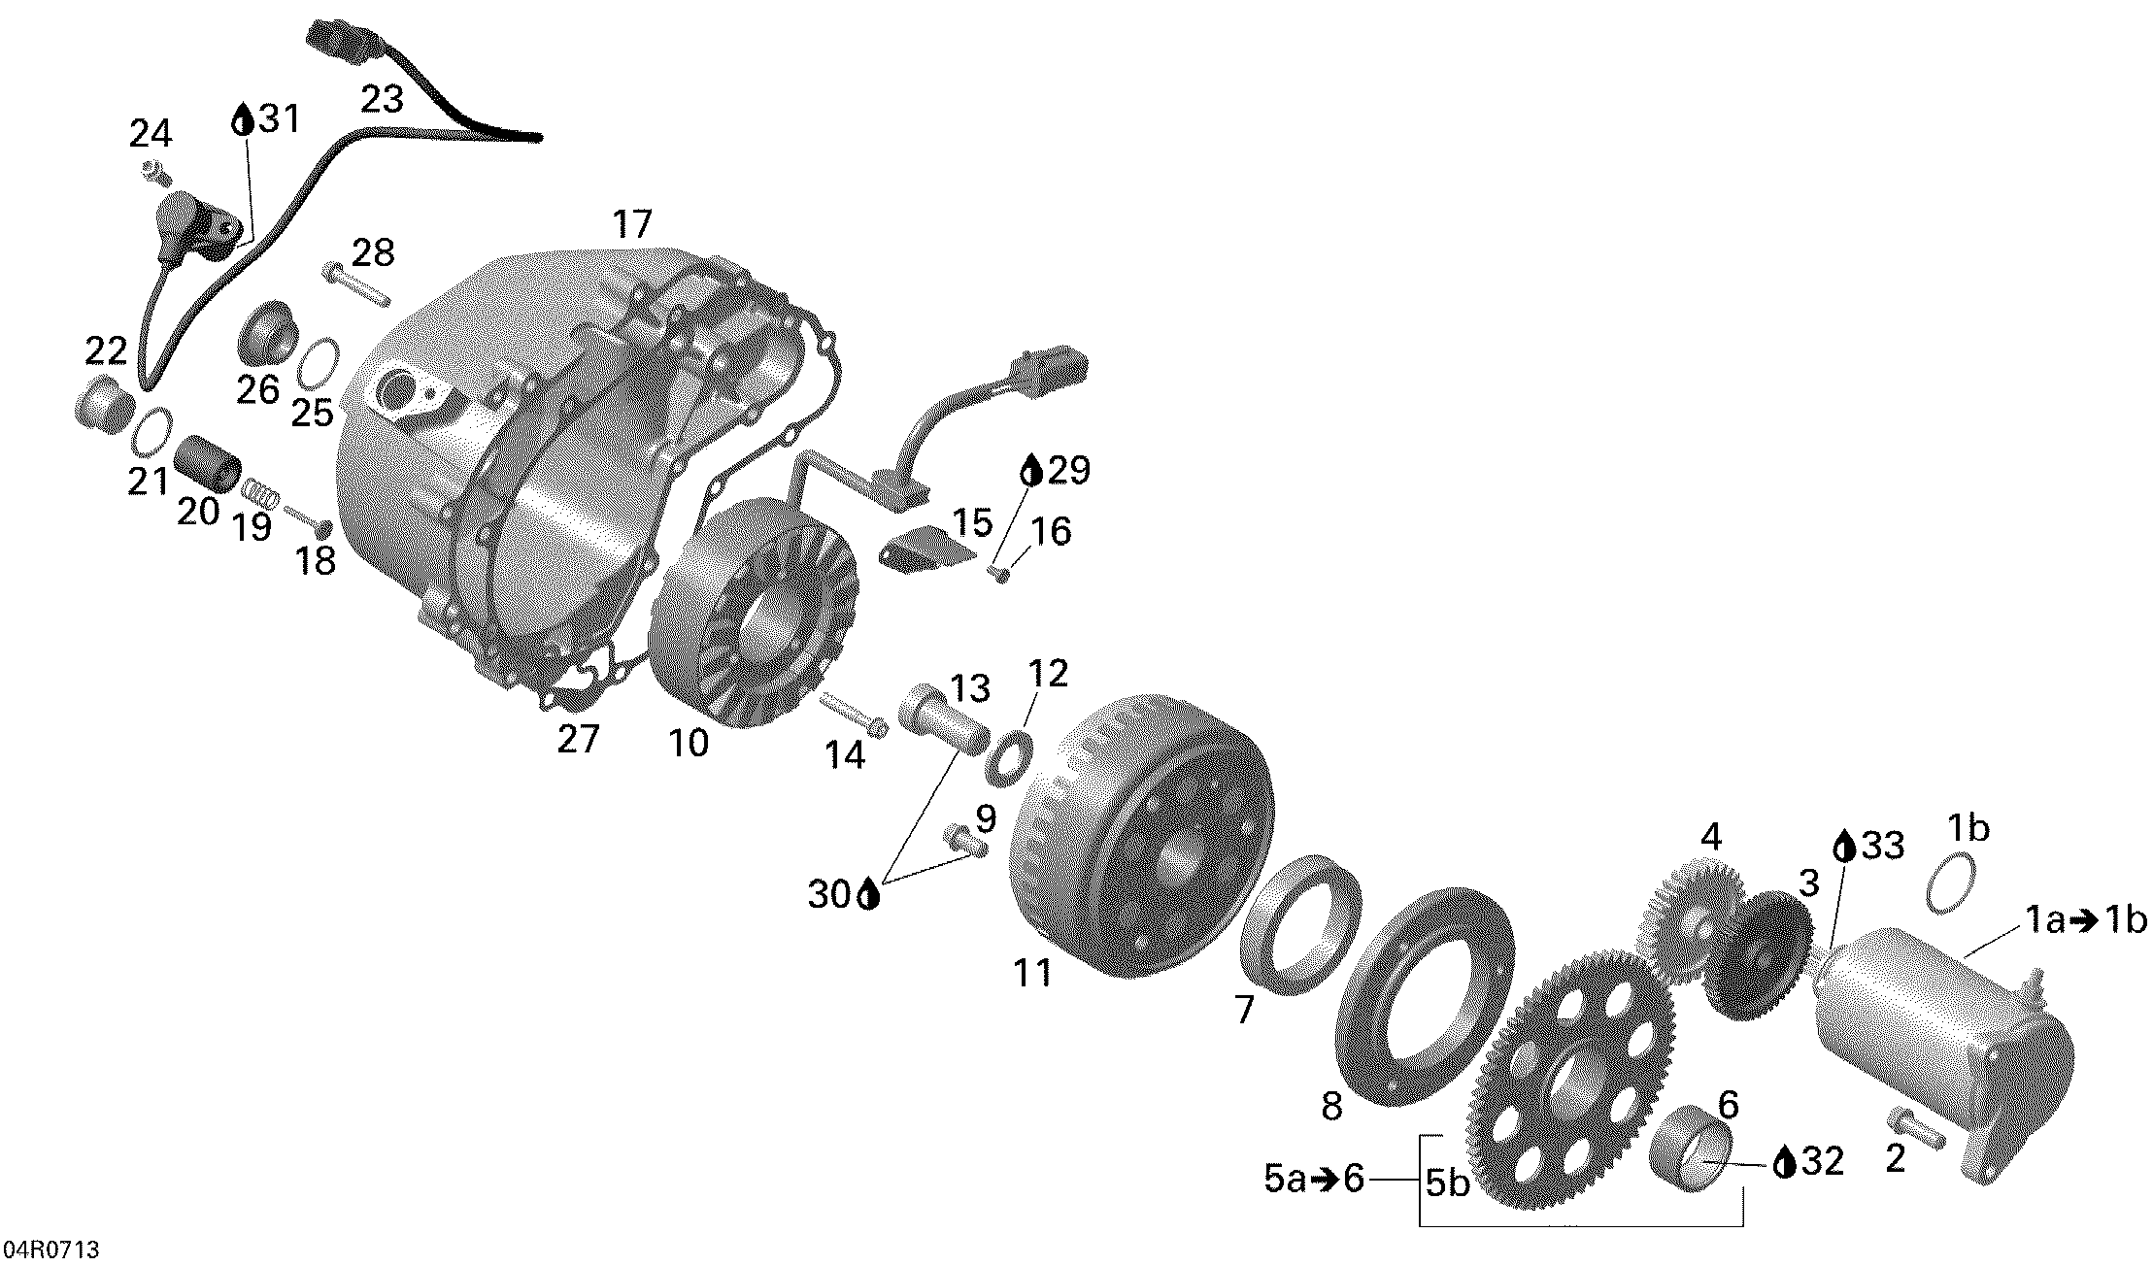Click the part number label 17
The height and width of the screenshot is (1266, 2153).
point(632,224)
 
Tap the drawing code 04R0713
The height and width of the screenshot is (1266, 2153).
point(50,1249)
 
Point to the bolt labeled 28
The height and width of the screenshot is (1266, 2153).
point(353,282)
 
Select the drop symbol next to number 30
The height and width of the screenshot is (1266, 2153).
point(869,894)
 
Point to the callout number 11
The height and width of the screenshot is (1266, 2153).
point(1032,974)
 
